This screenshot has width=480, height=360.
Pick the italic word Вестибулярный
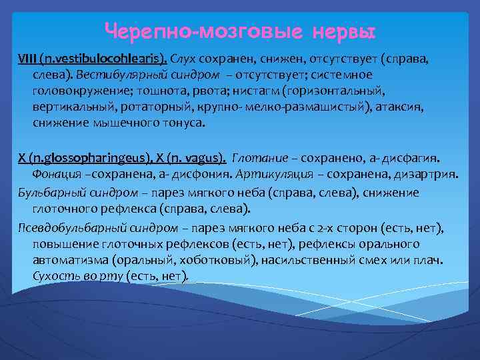[121, 74]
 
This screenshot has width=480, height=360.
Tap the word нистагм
[255, 90]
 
